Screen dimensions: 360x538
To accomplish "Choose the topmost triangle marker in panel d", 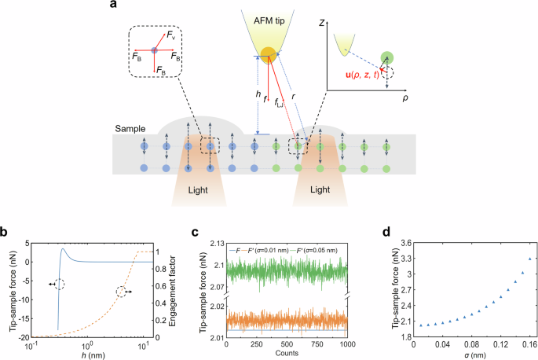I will tap(529, 259).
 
